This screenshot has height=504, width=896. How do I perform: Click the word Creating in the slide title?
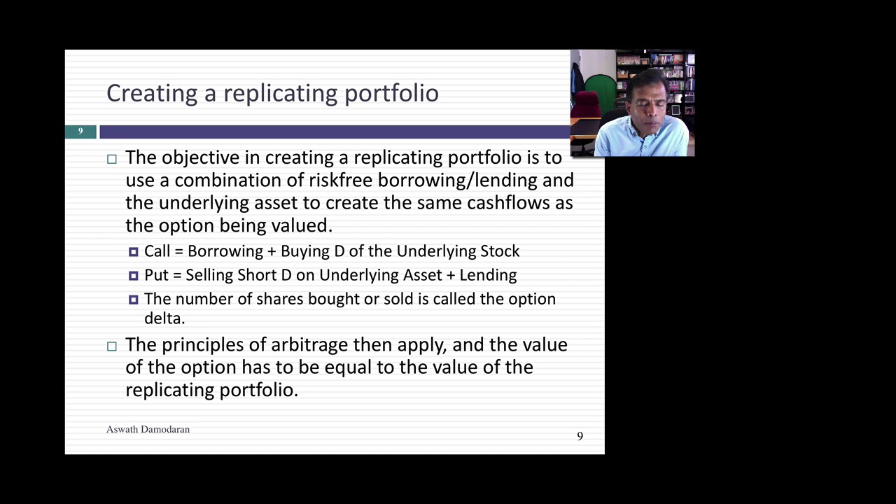(152, 94)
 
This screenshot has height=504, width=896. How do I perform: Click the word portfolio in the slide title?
(391, 94)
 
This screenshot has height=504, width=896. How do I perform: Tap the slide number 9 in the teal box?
(80, 131)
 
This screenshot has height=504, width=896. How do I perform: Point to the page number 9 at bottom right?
(580, 436)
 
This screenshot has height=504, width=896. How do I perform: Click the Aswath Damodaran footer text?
(148, 429)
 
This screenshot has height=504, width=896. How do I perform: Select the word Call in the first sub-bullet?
(157, 251)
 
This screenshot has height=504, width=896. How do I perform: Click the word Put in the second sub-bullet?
(156, 275)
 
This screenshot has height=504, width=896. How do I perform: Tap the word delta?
(164, 318)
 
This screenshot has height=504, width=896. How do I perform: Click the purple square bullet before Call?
(134, 252)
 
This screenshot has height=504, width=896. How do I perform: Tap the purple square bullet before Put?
(134, 276)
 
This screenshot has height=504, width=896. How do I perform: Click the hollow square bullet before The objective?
(112, 159)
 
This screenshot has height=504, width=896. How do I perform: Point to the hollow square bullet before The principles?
(112, 346)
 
